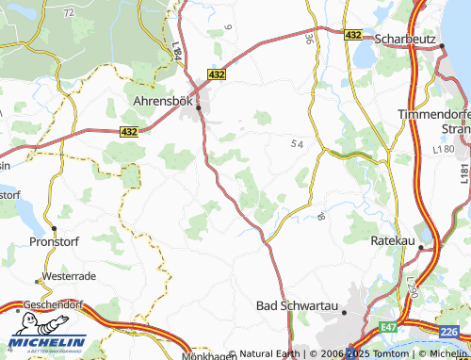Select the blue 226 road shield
tap(450, 331)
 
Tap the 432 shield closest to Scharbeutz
tap(351, 34)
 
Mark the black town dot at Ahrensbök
tap(199, 108)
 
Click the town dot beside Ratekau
tap(423, 248)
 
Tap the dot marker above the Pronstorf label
tap(54, 229)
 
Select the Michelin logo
tap(46, 340)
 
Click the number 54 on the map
tap(298, 142)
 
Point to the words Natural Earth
tap(268, 354)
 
